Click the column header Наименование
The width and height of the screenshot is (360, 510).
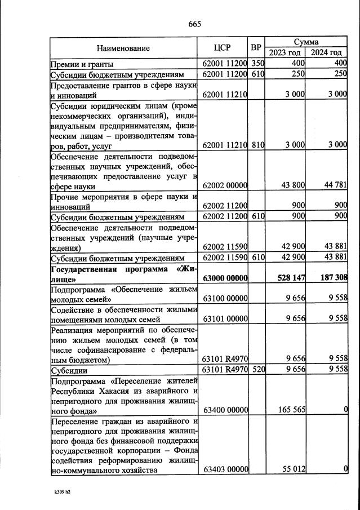coord(122,48)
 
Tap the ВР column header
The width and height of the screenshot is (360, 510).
coord(257,47)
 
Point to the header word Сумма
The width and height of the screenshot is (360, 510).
coord(306,42)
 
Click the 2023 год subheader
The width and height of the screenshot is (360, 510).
coord(286,53)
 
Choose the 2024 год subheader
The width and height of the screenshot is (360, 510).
coord(327,53)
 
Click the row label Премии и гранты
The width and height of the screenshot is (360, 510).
coord(82,64)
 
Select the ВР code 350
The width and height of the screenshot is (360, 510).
coord(257,64)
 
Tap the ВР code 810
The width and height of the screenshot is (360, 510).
coord(257,145)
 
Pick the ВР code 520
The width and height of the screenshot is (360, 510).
coord(257,371)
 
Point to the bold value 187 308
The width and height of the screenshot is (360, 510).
coord(330,278)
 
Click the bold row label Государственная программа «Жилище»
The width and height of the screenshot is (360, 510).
coord(122,273)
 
